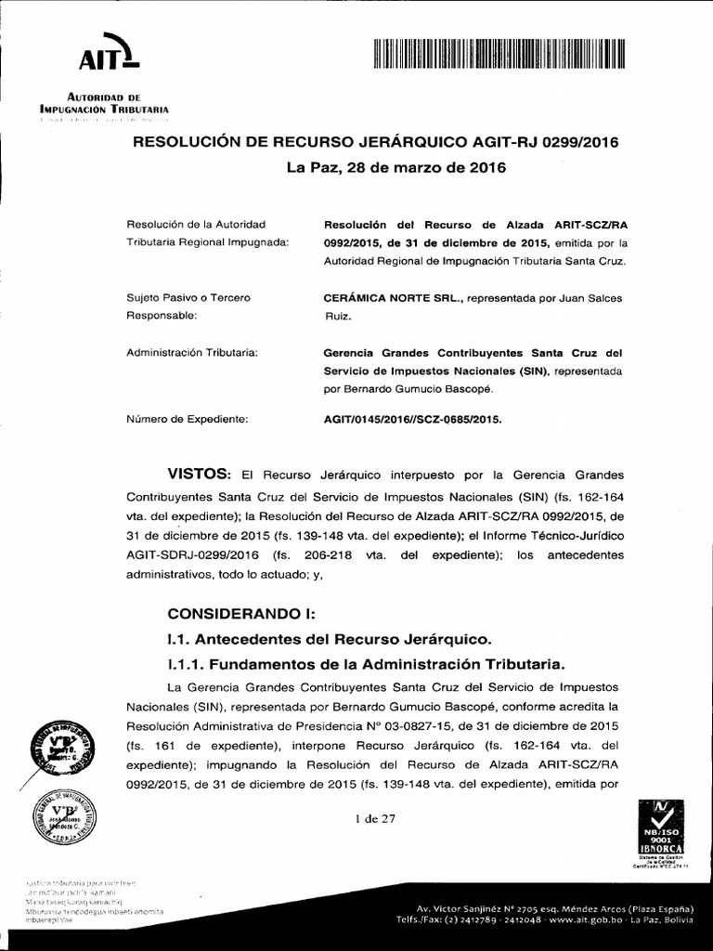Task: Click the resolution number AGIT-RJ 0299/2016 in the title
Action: [532, 142]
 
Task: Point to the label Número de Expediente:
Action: [187, 419]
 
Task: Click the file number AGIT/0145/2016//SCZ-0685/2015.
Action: [411, 419]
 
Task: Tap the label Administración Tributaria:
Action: [191, 353]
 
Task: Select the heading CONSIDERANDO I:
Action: [241, 614]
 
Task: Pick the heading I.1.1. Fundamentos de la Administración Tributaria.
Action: [365, 664]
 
